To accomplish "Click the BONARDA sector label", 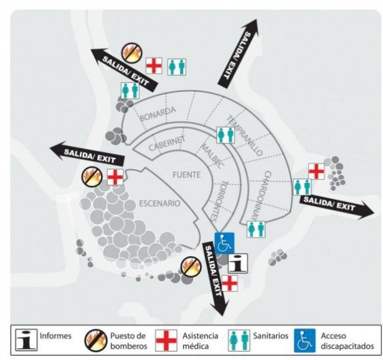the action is [158, 114].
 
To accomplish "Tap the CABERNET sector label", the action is [167, 144].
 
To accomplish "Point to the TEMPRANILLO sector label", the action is [245, 135].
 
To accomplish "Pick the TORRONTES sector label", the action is [219, 201].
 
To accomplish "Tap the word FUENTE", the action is [187, 175].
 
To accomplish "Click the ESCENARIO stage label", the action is [160, 203].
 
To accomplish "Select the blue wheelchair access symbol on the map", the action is [225, 243].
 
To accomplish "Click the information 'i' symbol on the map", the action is [238, 263].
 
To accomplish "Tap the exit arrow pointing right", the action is [337, 207].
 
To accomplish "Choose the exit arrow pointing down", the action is [215, 278].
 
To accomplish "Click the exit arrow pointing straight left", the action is [87, 154].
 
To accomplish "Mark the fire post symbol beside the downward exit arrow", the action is [191, 267].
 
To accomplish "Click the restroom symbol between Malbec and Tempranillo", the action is [226, 135].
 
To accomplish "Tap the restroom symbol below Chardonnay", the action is [256, 229].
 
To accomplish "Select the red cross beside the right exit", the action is [316, 171].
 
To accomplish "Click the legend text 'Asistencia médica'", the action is [200, 341].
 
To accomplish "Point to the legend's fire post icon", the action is [96, 340].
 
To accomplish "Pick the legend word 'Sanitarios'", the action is [271, 336].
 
